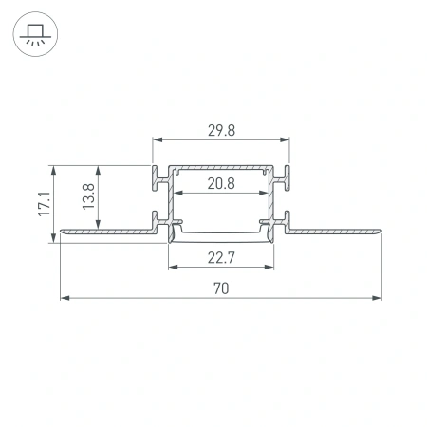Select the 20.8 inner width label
tap(220, 183)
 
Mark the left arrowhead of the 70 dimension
tap(65, 298)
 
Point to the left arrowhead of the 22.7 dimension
tap(173, 266)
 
